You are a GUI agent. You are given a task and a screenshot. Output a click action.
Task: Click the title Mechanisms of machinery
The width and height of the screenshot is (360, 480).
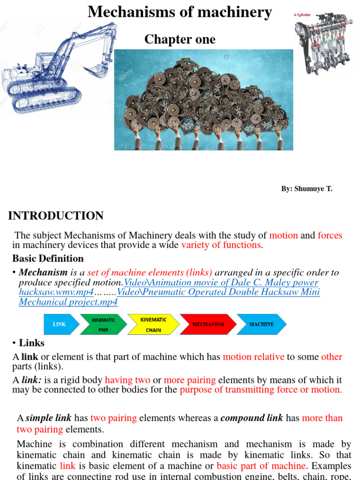coord(180,12)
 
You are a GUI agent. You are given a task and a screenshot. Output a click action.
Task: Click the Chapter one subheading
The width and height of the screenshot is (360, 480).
coord(180,40)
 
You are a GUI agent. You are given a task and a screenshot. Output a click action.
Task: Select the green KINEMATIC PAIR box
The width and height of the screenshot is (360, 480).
coord(104,324)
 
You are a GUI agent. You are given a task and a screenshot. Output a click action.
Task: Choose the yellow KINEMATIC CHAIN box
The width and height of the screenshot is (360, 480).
coord(153,324)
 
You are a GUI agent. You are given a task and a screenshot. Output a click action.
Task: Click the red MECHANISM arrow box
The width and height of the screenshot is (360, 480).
coord(208,324)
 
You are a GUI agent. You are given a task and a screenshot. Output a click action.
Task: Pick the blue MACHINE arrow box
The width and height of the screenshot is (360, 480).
coord(261,324)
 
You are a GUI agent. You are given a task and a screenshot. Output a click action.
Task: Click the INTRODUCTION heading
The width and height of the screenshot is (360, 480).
coord(56,216)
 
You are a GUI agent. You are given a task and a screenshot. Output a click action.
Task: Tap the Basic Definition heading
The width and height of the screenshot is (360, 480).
coord(48,258)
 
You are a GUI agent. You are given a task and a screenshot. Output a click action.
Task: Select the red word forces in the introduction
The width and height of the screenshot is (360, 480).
coord(330,235)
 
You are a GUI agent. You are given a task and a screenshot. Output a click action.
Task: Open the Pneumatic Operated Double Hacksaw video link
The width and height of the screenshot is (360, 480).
coord(218,292)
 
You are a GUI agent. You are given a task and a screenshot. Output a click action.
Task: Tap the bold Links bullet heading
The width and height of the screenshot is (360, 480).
coord(31,343)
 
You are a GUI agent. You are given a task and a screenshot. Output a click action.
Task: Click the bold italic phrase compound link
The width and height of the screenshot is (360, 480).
coord(252,418)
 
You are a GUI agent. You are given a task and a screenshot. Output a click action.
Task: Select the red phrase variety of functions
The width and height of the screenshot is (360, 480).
coord(221,245)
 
